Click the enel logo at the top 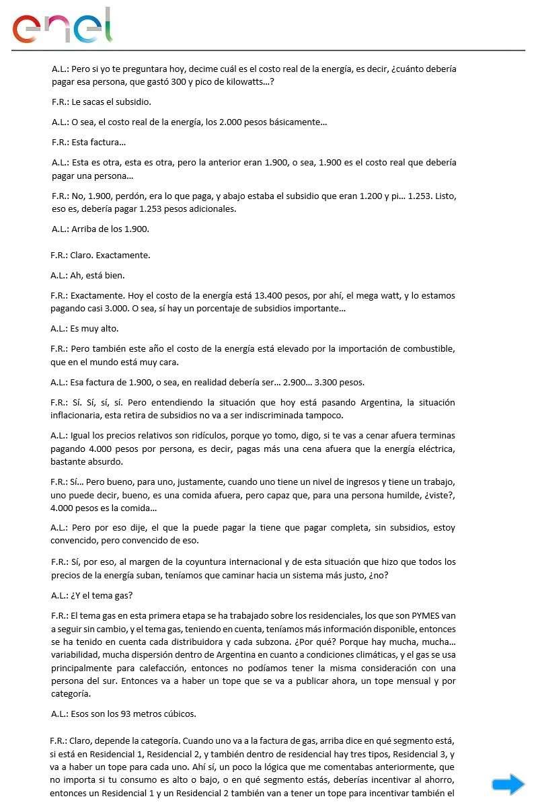pyautogui.click(x=62, y=27)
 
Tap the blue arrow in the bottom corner pyautogui.click(x=508, y=784)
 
